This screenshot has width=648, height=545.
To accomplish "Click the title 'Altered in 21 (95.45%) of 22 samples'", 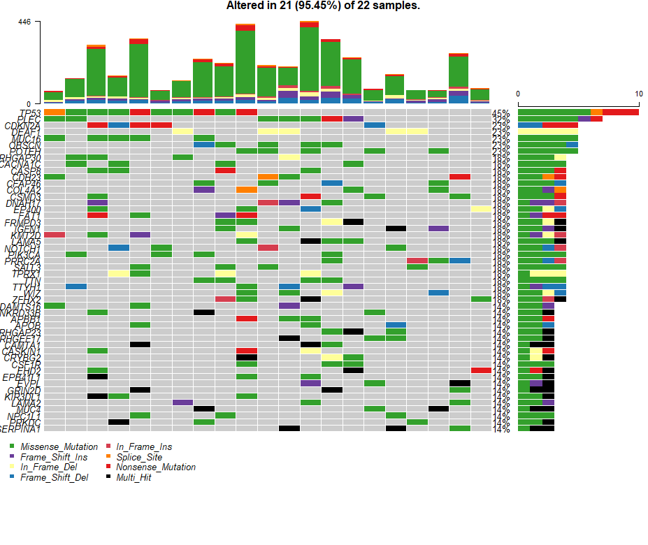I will click(x=323, y=6).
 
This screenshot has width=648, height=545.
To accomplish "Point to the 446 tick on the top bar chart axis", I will click(x=24, y=22).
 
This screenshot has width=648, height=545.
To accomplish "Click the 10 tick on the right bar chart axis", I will click(x=638, y=94).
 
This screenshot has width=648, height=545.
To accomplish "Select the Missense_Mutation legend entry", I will click(x=59, y=446).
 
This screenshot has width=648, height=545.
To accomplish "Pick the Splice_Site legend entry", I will click(x=139, y=457).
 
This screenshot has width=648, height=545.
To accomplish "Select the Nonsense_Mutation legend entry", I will click(x=155, y=467).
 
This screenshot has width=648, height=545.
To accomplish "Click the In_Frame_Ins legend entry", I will click(x=143, y=446).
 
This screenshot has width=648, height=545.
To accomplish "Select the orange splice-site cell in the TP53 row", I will click(x=55, y=112).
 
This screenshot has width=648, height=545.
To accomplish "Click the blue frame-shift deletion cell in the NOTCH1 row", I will click(x=119, y=247).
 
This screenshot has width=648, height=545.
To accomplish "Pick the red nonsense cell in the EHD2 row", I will click(x=481, y=370).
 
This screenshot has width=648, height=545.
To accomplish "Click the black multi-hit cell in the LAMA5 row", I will click(x=310, y=241).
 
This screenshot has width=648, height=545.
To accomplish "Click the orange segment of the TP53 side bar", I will click(x=596, y=112).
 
